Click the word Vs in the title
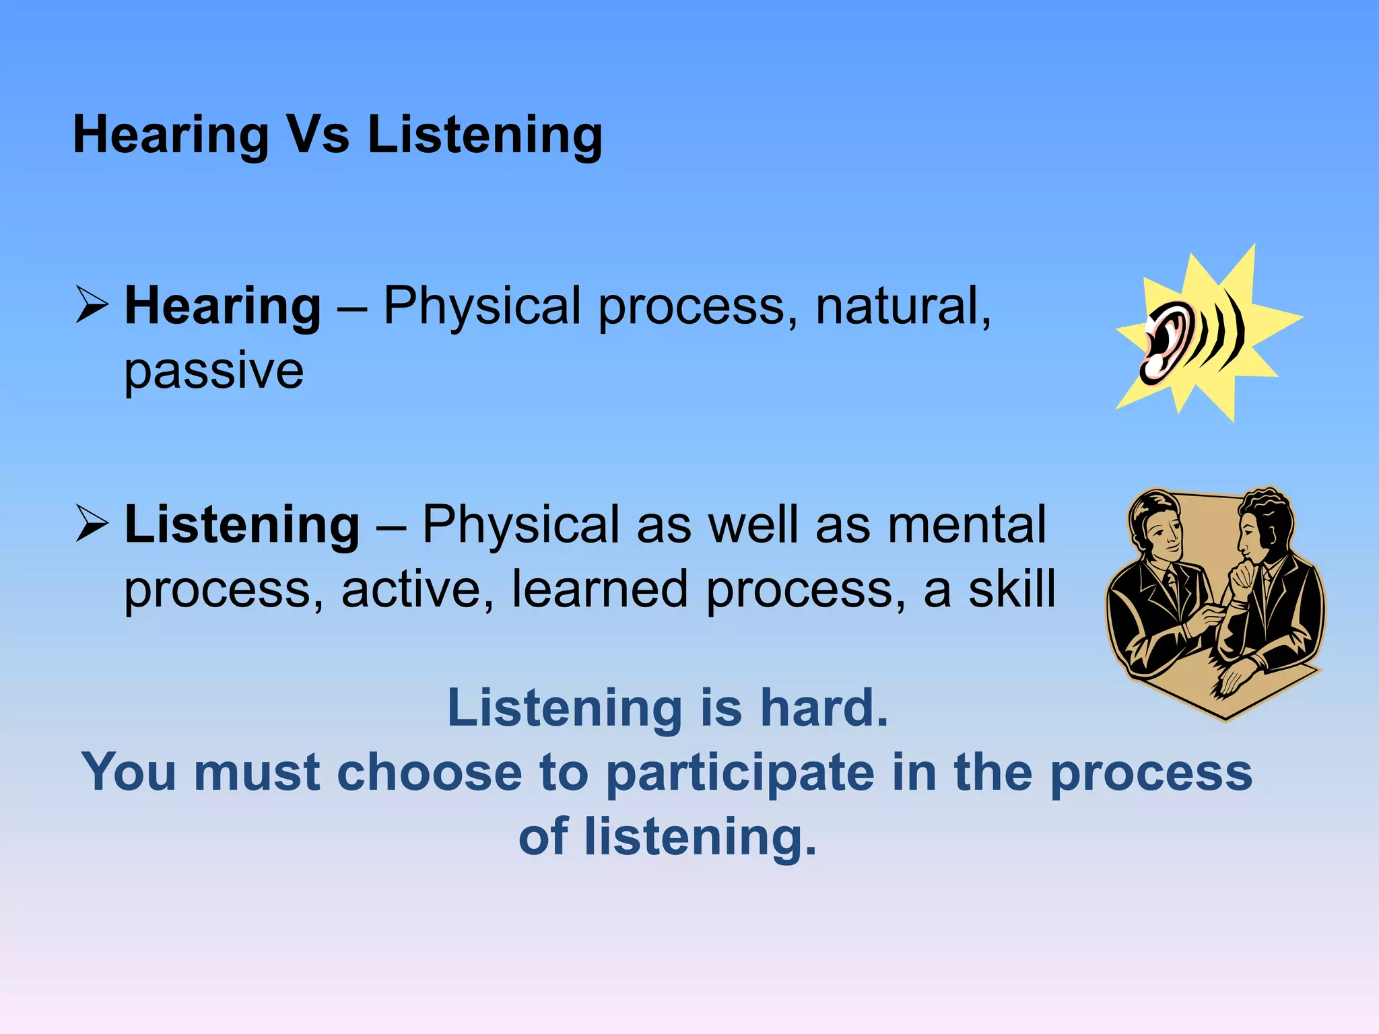point(318,135)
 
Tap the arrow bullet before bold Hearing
point(91,304)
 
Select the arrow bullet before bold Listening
point(91,523)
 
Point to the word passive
point(213,372)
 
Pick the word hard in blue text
point(823,708)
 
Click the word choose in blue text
point(429,772)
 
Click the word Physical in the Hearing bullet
point(482,306)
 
